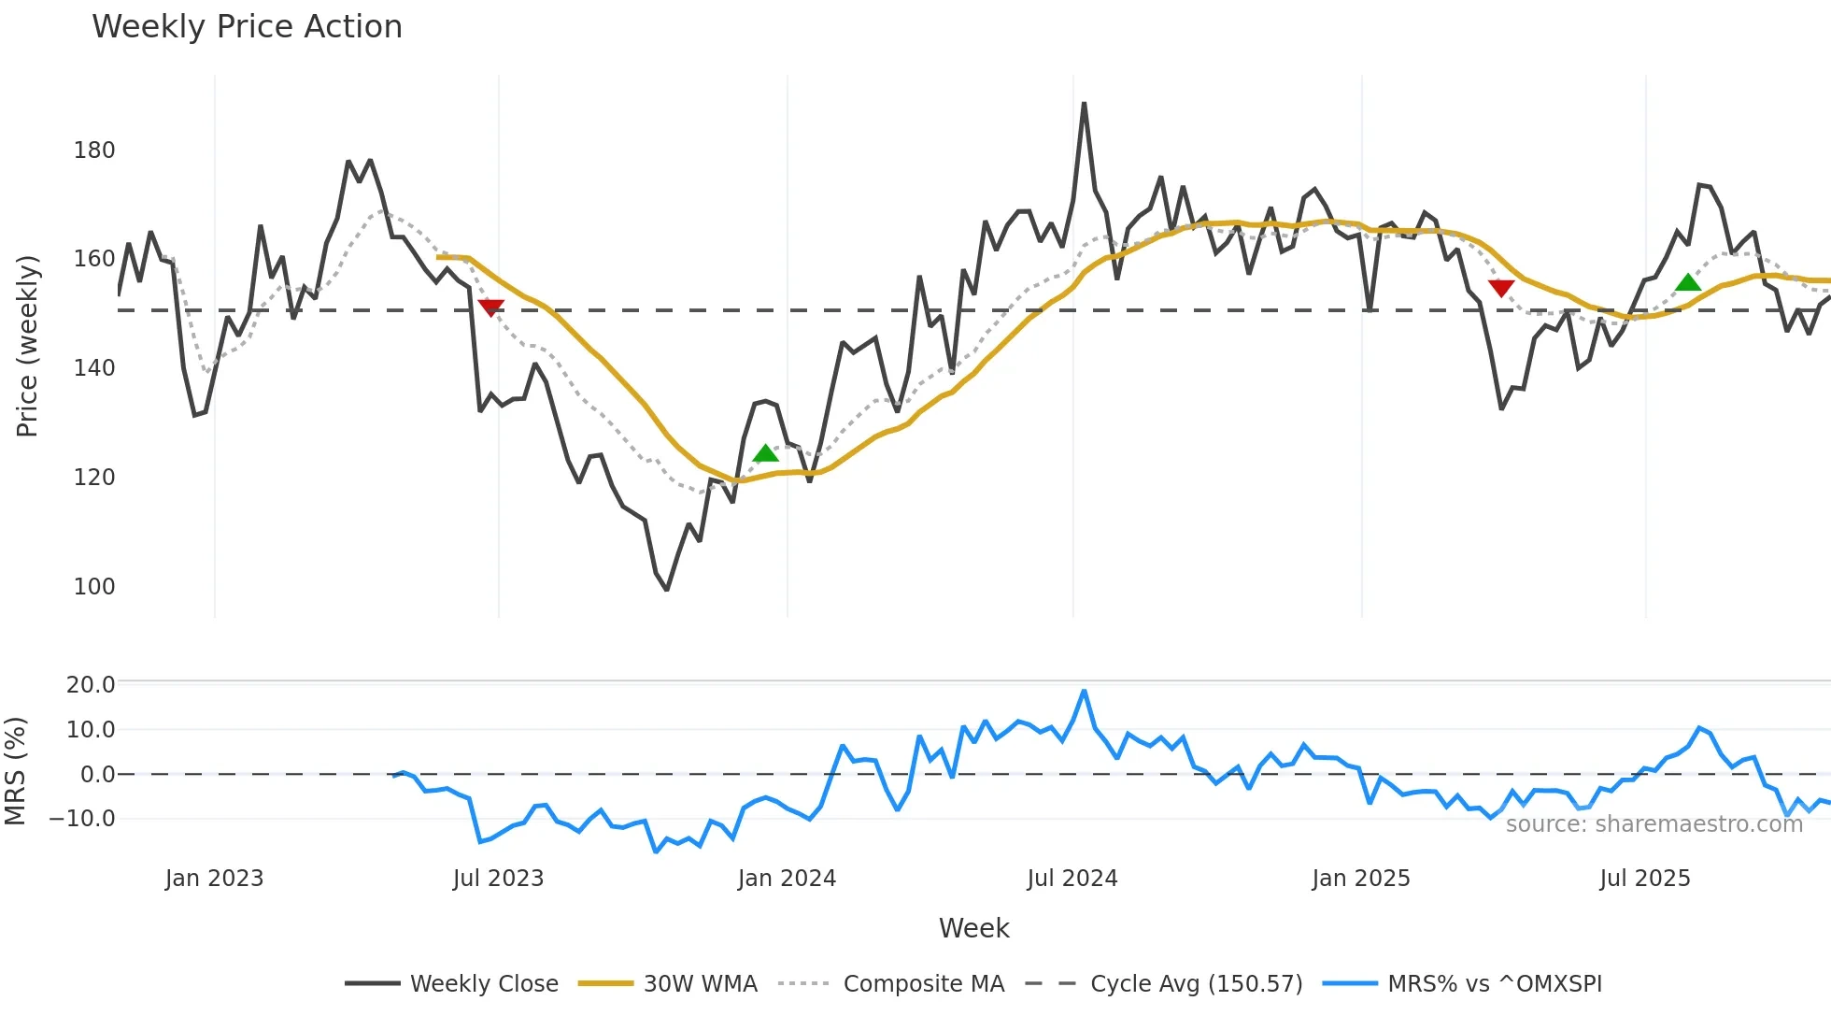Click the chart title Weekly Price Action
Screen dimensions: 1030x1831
(x=247, y=27)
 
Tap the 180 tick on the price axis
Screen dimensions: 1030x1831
(x=94, y=150)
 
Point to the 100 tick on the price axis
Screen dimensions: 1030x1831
(x=94, y=587)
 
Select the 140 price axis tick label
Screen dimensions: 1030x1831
(x=94, y=368)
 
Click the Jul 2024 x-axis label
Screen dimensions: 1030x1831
(x=1072, y=879)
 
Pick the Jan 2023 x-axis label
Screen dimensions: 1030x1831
(x=214, y=879)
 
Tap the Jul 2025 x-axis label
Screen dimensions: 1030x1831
(x=1644, y=879)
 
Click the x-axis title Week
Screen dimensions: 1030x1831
(x=973, y=928)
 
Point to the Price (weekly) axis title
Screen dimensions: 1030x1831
(x=27, y=346)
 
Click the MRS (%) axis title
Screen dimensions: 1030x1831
(x=15, y=771)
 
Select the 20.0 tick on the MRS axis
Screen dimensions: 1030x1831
(x=91, y=685)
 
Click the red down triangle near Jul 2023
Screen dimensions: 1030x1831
(x=490, y=308)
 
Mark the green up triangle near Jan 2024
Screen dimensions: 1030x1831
(x=765, y=453)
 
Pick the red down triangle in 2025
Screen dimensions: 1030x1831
(x=1500, y=288)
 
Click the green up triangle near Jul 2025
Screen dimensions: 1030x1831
(x=1687, y=282)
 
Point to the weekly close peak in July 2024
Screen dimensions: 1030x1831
(x=1084, y=104)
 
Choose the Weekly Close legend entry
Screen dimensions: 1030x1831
(x=452, y=984)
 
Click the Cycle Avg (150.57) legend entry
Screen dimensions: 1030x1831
(x=1164, y=984)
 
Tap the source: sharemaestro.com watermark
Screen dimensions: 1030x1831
(x=1654, y=824)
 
